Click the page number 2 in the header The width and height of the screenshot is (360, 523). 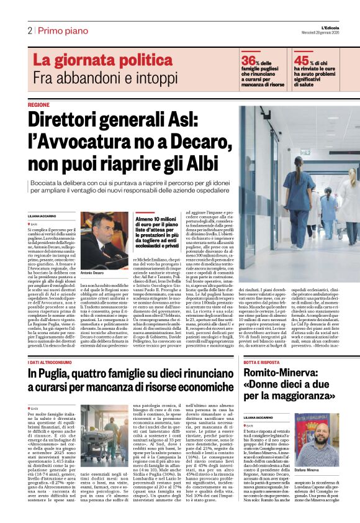29,30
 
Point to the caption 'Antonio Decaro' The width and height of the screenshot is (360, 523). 92,273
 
